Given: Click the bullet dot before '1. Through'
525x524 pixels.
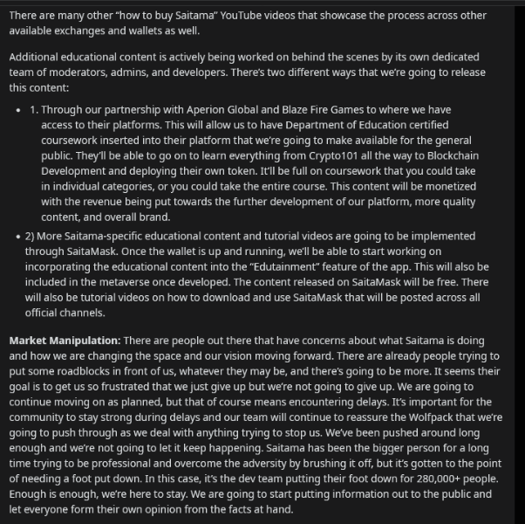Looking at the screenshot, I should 19,110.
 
